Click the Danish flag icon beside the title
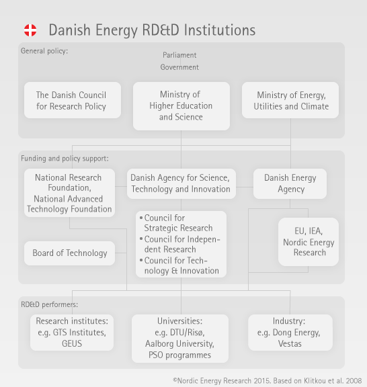tap(30, 30)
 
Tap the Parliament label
tap(179, 55)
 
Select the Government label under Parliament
tap(179, 67)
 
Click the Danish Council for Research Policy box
tap(73, 100)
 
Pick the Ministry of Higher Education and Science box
tap(181, 106)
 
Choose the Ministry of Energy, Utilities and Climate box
tap(290, 100)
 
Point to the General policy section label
tap(44, 51)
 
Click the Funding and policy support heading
tap(65, 159)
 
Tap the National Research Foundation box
tap(69, 193)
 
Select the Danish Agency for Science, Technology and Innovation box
tap(181, 183)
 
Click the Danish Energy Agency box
tap(290, 183)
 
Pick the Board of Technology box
tap(69, 253)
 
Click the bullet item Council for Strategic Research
tap(176, 223)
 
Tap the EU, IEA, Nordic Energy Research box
tap(309, 242)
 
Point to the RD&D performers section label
tap(49, 304)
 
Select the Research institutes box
tap(72, 333)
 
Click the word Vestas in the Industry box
tap(290, 344)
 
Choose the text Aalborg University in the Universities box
tap(179, 344)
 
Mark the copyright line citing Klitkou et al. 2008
tap(268, 381)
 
